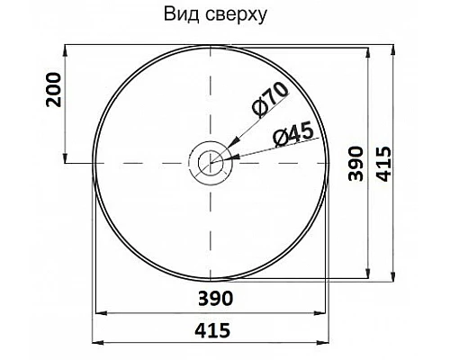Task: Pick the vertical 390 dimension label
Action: click(355, 163)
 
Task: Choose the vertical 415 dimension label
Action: click(383, 163)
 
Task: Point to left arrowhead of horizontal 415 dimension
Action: click(97, 343)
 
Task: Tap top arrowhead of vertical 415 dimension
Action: click(393, 45)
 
